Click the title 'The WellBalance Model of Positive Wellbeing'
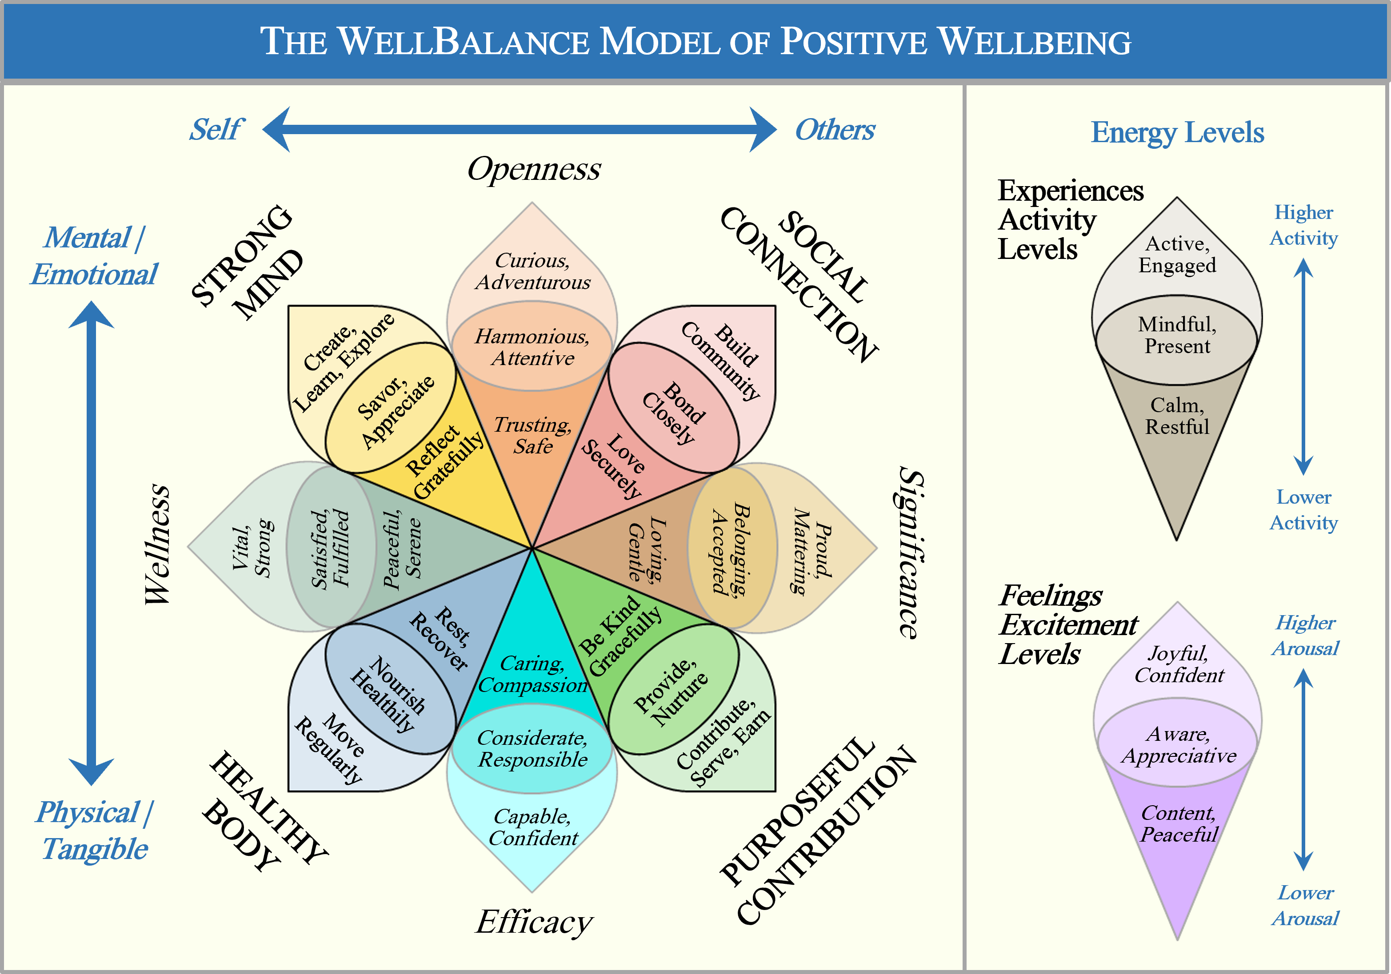pyautogui.click(x=695, y=41)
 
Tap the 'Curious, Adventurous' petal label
pyautogui.click(x=532, y=271)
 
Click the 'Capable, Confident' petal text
pyautogui.click(x=532, y=827)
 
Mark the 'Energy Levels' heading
pyautogui.click(x=1177, y=132)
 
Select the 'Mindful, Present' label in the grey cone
pyautogui.click(x=1177, y=335)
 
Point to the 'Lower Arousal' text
pyautogui.click(x=1305, y=906)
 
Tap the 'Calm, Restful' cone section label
pyautogui.click(x=1177, y=416)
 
